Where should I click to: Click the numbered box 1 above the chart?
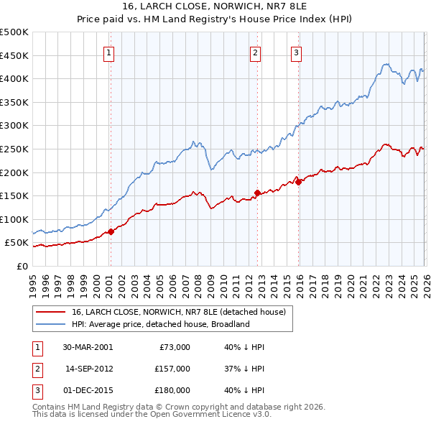[108, 52]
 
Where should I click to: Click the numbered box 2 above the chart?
[255, 52]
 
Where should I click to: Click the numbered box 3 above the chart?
[296, 52]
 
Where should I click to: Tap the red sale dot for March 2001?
[111, 231]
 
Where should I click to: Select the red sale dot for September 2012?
[257, 193]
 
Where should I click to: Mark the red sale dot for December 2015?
[298, 182]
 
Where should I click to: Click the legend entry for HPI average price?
[159, 324]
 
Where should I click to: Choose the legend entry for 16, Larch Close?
[178, 312]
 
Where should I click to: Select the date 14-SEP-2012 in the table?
[88, 369]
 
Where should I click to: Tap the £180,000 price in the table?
[173, 390]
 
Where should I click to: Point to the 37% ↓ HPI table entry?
[244, 369]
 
